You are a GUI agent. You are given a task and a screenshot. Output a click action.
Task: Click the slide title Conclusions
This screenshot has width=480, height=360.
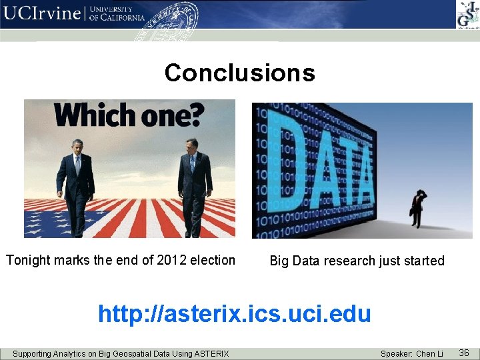tap(239, 73)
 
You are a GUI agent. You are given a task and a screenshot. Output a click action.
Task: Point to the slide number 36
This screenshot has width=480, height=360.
tap(464, 352)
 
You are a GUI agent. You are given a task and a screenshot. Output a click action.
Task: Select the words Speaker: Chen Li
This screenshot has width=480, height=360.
tap(411, 353)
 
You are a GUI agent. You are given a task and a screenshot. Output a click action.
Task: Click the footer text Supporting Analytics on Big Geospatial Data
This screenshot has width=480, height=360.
tap(121, 353)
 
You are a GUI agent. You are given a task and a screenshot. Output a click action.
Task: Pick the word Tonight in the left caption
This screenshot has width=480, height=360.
tap(29, 260)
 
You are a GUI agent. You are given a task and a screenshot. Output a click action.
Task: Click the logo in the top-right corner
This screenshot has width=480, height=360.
tap(466, 14)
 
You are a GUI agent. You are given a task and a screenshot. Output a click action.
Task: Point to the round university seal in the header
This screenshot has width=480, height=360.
tap(172, 19)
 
